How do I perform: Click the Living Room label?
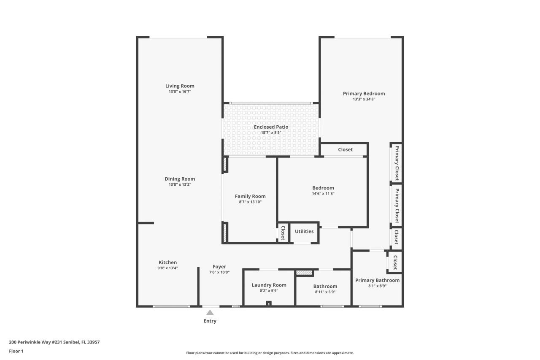coord(180,86)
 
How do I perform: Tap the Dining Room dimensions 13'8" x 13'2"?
coord(180,184)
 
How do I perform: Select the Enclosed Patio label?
coord(271,127)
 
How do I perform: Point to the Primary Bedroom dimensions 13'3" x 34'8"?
coord(364,99)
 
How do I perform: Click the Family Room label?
coord(250,196)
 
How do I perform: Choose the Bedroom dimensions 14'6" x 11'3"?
coord(323,194)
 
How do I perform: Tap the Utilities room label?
coord(304,231)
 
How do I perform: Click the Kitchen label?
coord(167,263)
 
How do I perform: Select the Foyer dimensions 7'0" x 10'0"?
coord(219,272)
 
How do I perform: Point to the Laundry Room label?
coord(269,285)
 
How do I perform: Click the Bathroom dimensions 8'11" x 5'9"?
coord(325,292)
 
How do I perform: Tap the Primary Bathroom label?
coord(377,280)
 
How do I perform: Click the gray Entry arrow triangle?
coord(210,313)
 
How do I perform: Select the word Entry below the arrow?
coord(210,321)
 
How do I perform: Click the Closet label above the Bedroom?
coord(345,149)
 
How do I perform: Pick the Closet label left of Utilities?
coord(283,233)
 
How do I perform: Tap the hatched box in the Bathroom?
coord(304,273)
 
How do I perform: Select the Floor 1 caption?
coord(16,351)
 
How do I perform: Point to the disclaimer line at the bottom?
coord(270,353)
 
